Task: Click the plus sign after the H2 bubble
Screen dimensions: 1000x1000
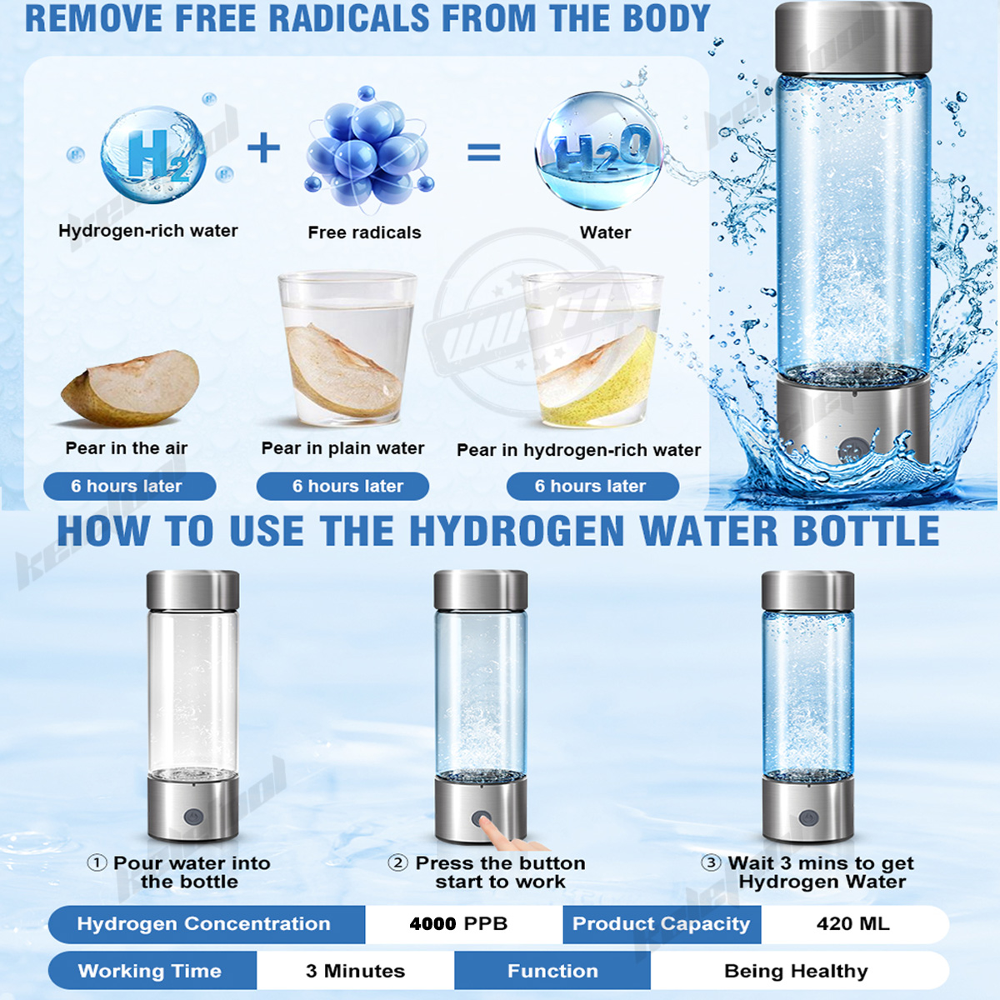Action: tap(264, 149)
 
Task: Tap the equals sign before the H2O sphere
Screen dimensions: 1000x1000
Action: tap(484, 152)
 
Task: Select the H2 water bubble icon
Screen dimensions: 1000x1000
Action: tap(153, 155)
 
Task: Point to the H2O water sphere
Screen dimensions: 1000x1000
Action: tap(599, 151)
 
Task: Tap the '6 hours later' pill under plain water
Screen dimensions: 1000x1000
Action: tap(343, 486)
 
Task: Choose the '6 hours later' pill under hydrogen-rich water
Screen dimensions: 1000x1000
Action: tap(592, 486)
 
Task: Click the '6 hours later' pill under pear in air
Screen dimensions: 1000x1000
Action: tap(129, 486)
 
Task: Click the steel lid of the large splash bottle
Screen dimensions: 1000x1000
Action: tap(853, 37)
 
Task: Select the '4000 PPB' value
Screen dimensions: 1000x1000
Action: tap(458, 923)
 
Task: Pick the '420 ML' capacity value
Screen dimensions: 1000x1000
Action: tap(853, 923)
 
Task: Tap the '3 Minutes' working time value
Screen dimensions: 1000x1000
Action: tap(355, 971)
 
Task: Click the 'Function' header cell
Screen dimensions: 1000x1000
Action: tap(552, 971)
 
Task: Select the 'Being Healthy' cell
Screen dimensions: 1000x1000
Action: tap(796, 971)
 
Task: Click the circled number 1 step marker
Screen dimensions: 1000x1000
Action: tap(97, 862)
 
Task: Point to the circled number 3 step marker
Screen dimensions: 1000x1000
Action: tap(711, 862)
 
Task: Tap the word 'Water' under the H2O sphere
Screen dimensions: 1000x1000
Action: tap(605, 232)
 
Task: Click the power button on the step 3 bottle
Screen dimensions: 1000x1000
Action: tap(807, 817)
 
